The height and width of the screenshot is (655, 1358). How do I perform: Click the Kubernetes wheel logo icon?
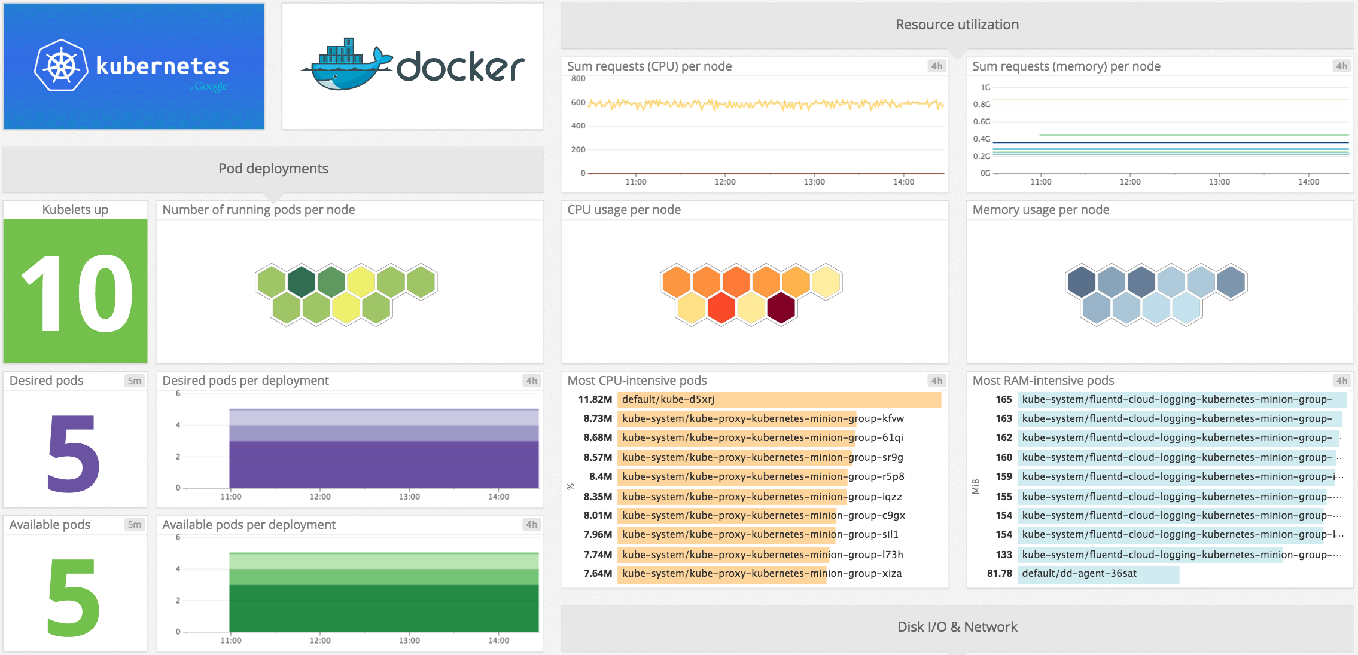click(x=60, y=66)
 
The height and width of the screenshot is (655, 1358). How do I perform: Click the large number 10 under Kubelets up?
click(x=76, y=292)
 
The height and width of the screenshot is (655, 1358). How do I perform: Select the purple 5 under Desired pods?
click(x=73, y=454)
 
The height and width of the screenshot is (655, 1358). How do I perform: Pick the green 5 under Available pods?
click(x=73, y=598)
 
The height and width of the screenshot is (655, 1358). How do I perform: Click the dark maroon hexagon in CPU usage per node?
click(x=781, y=308)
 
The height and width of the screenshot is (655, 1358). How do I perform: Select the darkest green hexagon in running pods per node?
click(x=302, y=281)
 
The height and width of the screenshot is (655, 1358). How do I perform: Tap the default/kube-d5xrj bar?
click(x=778, y=399)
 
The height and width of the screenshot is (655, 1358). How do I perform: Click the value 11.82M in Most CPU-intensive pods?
click(x=595, y=399)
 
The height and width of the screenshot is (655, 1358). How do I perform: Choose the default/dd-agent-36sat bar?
click(x=1098, y=574)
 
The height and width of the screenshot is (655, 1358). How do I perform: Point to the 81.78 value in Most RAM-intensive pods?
click(x=999, y=574)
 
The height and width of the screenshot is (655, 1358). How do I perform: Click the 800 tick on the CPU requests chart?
click(x=578, y=79)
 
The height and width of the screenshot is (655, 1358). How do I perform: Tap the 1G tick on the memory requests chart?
click(x=985, y=88)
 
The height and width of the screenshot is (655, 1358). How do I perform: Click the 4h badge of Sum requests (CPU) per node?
click(x=936, y=66)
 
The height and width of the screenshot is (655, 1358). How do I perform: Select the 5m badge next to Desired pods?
click(x=134, y=381)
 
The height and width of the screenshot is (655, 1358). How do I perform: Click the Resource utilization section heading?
click(x=957, y=25)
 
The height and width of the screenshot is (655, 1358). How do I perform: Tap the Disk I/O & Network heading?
click(x=957, y=627)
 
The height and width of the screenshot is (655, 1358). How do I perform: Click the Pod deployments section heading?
click(x=273, y=169)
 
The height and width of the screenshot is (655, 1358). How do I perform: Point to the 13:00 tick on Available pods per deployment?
click(x=409, y=641)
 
